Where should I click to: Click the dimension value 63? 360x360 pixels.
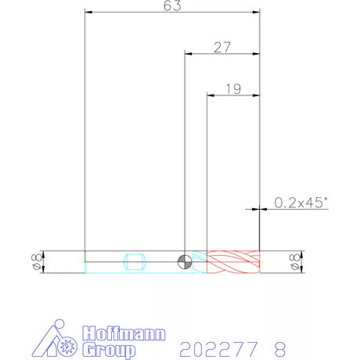pyautogui.click(x=172, y=5)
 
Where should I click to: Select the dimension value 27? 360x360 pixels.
pyautogui.click(x=222, y=48)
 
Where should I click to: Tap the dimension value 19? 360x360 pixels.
pyautogui.click(x=233, y=89)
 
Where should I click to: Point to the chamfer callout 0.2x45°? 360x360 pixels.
pyautogui.click(x=301, y=203)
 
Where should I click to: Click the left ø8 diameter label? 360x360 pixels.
pyautogui.click(x=36, y=261)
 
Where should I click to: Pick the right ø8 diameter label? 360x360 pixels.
pyautogui.click(x=295, y=261)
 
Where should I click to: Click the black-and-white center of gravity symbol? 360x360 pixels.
pyautogui.click(x=185, y=261)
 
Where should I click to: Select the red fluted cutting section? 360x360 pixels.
pyautogui.click(x=233, y=261)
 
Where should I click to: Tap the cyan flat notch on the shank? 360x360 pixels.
pyautogui.click(x=135, y=261)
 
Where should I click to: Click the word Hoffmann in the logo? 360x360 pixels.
pyautogui.click(x=124, y=333)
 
